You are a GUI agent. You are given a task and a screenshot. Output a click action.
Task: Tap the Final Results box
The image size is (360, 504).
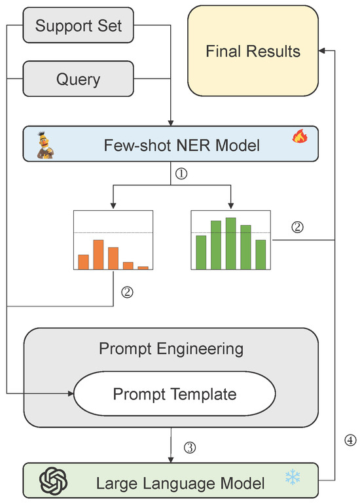[253, 50]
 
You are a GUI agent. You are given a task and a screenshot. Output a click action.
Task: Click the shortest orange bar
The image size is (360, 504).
[143, 267]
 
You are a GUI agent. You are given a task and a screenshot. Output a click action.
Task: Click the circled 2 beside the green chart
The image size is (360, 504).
[297, 228]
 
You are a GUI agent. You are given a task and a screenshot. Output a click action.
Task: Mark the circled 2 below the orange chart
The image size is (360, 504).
[128, 293]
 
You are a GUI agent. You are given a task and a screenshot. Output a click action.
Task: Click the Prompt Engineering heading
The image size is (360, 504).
[171, 349]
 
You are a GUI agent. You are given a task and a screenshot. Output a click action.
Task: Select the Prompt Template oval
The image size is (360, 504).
[174, 394]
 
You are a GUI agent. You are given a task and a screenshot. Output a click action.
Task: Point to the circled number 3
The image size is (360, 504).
[190, 448]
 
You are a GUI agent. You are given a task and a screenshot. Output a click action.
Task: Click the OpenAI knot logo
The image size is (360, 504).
[52, 482]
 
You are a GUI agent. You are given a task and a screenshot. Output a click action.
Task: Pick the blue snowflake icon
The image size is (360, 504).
[292, 478]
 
